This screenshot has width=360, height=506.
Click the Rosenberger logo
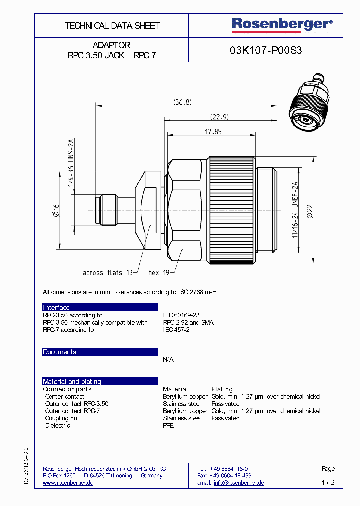pos(282,25)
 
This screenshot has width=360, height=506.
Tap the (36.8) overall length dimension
pos(182,102)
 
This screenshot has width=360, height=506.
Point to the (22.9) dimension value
pos(219,117)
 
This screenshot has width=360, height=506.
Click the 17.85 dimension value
pos(213,132)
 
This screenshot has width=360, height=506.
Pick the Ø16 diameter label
pos(56,210)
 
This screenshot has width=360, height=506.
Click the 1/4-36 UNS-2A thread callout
pos(71,162)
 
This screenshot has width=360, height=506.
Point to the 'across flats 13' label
pos(108,273)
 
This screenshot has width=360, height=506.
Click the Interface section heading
pos(56,308)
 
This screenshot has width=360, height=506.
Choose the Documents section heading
pos(60,352)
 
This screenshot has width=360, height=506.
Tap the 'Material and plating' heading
pos(72,382)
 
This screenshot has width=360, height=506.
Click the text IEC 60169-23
pos(181,315)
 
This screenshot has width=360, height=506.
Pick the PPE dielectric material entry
pos(168,426)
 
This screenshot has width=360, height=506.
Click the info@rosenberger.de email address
pos(239,483)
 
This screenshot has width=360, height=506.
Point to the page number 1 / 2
pos(328,483)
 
